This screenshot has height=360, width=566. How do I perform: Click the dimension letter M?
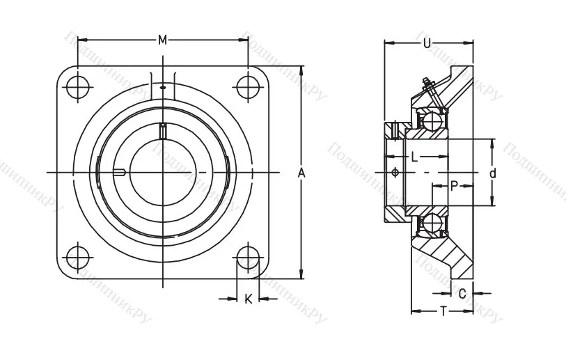click(x=162, y=40)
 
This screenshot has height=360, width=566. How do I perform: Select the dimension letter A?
click(x=301, y=172)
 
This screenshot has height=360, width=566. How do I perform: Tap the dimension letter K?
click(x=248, y=299)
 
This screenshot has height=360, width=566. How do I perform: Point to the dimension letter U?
click(x=427, y=44)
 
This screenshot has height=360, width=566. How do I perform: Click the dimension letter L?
click(x=414, y=157)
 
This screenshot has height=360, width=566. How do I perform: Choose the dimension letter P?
click(x=453, y=185)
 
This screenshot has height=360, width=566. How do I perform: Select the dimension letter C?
click(x=462, y=293)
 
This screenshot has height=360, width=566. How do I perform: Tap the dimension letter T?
click(x=443, y=311)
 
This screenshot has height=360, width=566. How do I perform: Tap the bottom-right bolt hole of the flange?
click(x=247, y=257)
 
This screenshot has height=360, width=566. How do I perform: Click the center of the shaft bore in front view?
click(x=162, y=172)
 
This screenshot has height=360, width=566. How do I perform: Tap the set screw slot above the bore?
click(x=163, y=130)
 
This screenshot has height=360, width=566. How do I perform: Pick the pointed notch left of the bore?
click(x=120, y=172)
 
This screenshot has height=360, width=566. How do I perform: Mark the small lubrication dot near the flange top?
click(x=162, y=88)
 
